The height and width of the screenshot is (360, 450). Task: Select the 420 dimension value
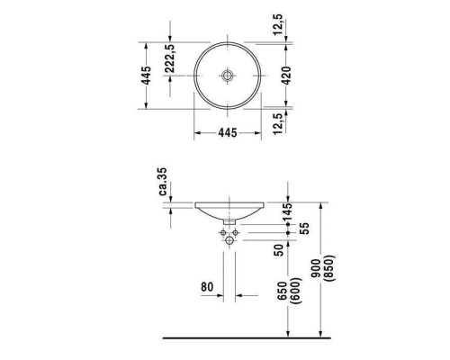286,75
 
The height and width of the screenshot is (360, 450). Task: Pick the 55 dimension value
305,232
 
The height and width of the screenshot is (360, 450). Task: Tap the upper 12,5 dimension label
285,21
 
